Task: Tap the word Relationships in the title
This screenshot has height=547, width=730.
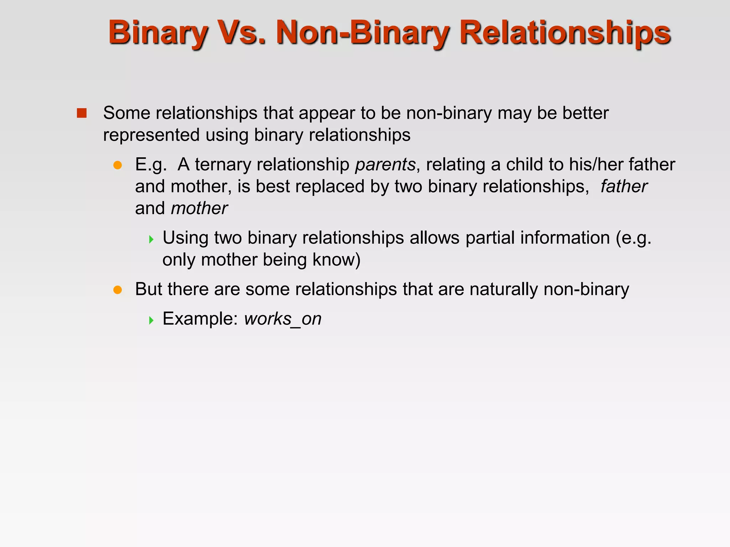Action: pyautogui.click(x=565, y=33)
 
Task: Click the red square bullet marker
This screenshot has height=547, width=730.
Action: pyautogui.click(x=82, y=113)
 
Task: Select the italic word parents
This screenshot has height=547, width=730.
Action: pyautogui.click(x=385, y=165)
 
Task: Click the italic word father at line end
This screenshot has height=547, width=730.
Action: pyautogui.click(x=623, y=187)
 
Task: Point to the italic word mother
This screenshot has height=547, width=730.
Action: pyautogui.click(x=199, y=208)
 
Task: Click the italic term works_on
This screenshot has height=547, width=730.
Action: pyautogui.click(x=283, y=319)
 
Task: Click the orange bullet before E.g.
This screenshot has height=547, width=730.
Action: pyautogui.click(x=118, y=165)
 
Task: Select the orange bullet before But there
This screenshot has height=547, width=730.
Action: pyautogui.click(x=118, y=290)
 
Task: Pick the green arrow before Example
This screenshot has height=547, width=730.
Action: pyautogui.click(x=151, y=320)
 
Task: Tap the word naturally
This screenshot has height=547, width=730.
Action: pyautogui.click(x=503, y=289)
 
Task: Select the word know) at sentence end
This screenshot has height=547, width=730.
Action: pyautogui.click(x=336, y=260)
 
